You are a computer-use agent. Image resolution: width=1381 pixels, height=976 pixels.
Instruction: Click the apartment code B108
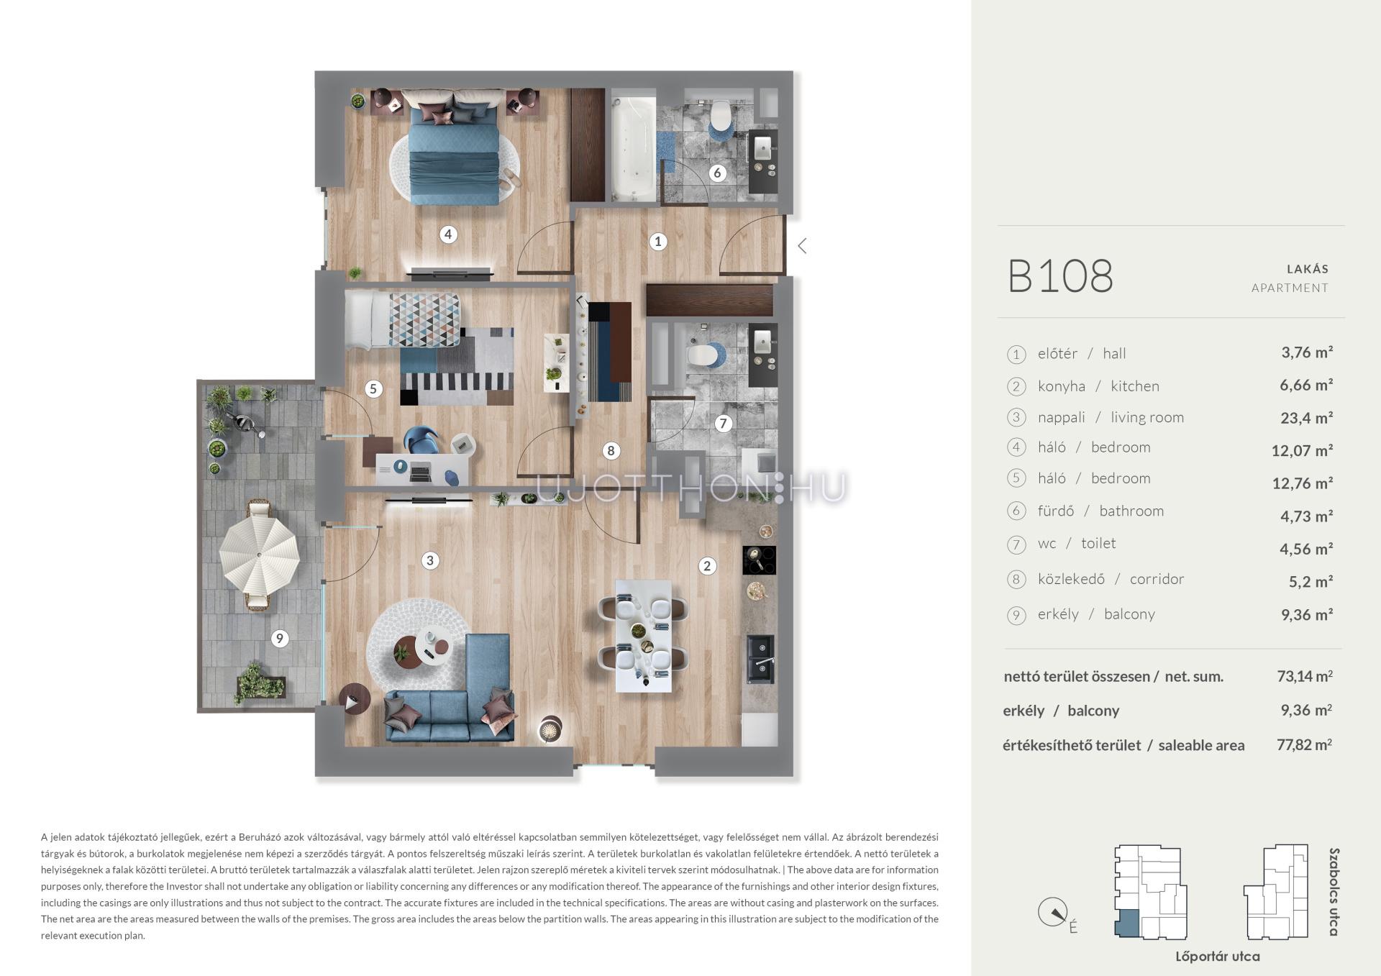1060,276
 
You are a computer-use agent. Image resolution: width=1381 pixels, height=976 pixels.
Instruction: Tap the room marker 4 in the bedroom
448,234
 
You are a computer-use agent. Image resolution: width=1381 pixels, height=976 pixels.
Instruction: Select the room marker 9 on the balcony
280,638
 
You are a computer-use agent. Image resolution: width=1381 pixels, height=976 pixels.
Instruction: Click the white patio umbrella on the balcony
259,555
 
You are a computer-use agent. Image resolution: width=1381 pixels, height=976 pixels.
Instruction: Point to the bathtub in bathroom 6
634,145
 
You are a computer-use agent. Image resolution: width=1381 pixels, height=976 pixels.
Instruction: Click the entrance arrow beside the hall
802,246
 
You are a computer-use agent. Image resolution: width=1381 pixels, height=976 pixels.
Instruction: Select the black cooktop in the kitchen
759,560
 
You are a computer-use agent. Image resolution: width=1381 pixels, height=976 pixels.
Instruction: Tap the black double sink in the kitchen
760,658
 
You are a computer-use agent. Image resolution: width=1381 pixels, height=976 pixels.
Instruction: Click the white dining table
644,636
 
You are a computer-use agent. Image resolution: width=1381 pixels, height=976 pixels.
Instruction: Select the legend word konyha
1061,386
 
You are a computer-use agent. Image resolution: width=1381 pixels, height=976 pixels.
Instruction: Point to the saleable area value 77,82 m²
1304,745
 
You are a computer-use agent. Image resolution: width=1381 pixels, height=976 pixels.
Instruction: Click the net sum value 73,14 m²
1304,676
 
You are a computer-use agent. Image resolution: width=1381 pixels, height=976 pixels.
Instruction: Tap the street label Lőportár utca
1218,957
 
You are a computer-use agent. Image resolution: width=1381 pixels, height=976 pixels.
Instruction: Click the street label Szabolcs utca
1334,892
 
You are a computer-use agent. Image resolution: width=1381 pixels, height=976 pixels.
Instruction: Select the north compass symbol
1053,913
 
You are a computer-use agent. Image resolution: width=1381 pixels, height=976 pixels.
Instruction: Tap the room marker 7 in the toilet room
723,424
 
